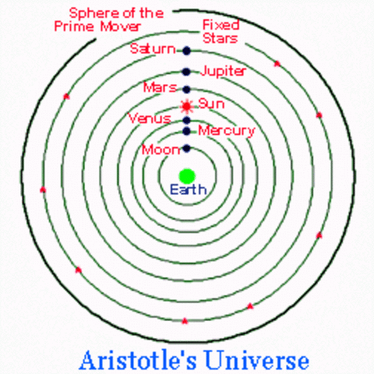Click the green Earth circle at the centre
[186, 175]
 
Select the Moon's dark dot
[186, 148]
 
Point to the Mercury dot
[186, 131]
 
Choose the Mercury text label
[226, 130]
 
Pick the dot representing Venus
[186, 120]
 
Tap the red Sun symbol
[186, 104]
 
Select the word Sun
[210, 103]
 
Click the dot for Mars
[186, 89]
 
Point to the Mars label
[161, 87]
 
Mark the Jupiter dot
[186, 71]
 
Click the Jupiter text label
[224, 71]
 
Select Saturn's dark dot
[186, 51]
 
